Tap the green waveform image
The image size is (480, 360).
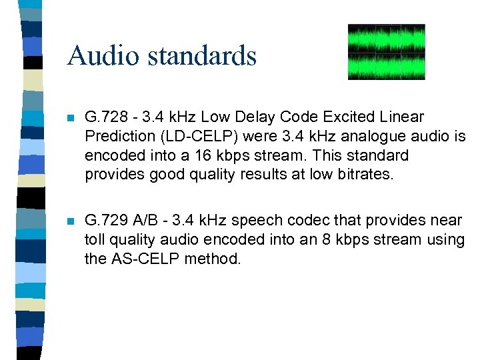point(386,52)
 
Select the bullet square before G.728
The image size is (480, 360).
point(70,117)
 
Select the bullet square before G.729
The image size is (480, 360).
point(70,221)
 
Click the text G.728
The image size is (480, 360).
point(103,117)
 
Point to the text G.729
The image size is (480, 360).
point(103,221)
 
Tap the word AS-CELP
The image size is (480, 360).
point(142,259)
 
